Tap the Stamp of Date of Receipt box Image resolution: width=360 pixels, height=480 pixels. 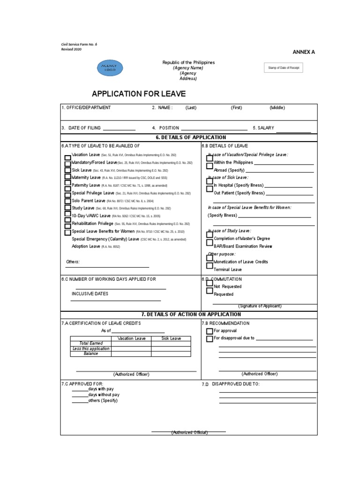pos(283,68)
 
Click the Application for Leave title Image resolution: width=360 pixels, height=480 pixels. pos(139,94)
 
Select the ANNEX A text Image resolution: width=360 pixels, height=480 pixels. pos(304,52)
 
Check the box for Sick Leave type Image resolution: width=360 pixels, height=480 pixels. pos(68,170)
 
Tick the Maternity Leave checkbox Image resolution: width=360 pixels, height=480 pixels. pos(68,178)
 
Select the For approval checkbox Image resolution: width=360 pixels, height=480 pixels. pos(210,331)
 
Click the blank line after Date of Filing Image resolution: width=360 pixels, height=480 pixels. pos(119,128)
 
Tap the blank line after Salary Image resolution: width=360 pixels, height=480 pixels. pos(293,131)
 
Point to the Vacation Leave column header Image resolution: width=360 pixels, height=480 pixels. pos(131,338)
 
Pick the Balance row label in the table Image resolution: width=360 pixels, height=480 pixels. pos(91,354)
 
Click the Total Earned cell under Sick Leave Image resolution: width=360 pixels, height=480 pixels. pos(171,344)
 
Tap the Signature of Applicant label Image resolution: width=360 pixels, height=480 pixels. pos(260,306)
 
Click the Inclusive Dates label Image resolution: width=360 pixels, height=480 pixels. pos(90,294)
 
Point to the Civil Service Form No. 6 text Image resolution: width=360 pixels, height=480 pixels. pos(79,45)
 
